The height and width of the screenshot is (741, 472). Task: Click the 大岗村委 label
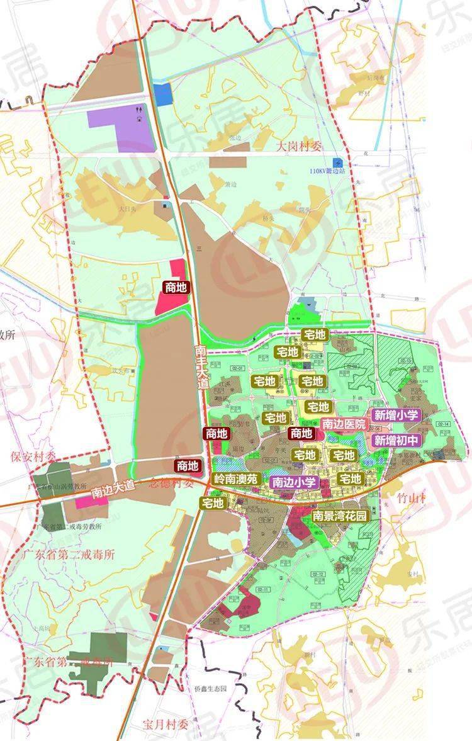(300, 147)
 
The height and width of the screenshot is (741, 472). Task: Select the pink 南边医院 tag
(344, 424)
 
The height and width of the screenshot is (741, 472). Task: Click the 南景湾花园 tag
(340, 515)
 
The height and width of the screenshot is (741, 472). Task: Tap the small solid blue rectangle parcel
(163, 94)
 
